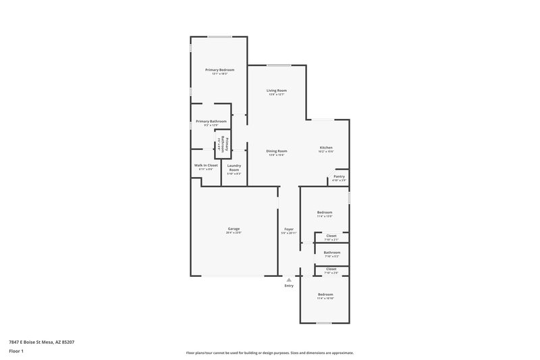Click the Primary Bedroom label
tap(220, 70)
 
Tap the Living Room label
tap(277, 91)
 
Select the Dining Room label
tap(277, 151)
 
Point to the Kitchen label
tap(326, 148)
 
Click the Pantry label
tap(339, 176)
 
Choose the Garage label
tap(234, 229)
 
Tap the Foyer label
tap(289, 229)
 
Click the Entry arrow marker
tap(289, 279)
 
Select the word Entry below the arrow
tap(289, 286)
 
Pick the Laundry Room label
tap(234, 168)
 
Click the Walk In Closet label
tap(206, 165)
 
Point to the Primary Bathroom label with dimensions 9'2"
tap(211, 122)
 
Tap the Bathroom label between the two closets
tap(331, 253)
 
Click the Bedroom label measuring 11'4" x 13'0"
tap(325, 212)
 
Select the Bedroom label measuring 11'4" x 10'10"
tap(325, 294)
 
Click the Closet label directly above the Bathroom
tap(331, 236)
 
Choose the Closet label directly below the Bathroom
tap(331, 269)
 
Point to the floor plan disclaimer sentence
tap(269, 353)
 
